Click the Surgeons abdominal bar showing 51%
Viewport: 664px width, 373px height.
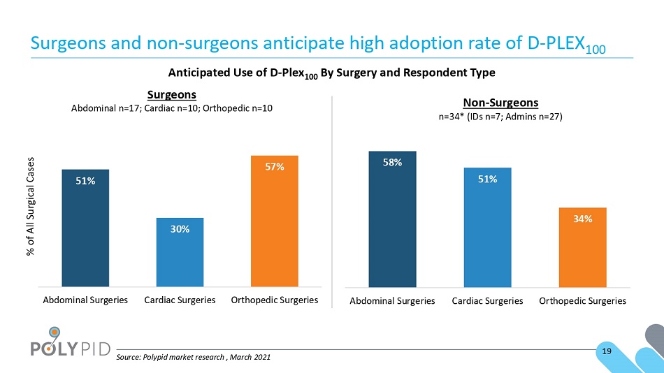(85, 228)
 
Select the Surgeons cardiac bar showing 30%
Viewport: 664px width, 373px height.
(180, 252)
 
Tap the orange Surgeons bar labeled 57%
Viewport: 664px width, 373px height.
(275, 221)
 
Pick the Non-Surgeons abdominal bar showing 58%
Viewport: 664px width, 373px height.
(393, 219)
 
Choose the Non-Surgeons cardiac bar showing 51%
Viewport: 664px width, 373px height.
(487, 228)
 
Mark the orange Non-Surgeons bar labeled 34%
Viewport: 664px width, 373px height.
(583, 248)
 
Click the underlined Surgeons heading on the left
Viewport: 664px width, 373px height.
(172, 95)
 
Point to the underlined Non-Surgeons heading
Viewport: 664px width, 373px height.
(500, 103)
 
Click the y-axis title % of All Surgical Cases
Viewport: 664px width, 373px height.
(31, 206)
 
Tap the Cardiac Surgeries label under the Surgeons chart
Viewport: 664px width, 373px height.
(180, 300)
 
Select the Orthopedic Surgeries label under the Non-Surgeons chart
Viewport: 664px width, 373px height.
(583, 301)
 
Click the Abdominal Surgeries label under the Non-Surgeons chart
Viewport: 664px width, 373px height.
(393, 301)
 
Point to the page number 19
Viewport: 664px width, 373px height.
(607, 351)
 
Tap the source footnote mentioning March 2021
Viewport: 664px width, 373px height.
(194, 357)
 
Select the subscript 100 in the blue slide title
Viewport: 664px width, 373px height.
(596, 50)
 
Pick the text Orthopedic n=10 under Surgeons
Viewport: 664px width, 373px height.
(238, 108)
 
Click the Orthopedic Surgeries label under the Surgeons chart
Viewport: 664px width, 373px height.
(275, 300)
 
